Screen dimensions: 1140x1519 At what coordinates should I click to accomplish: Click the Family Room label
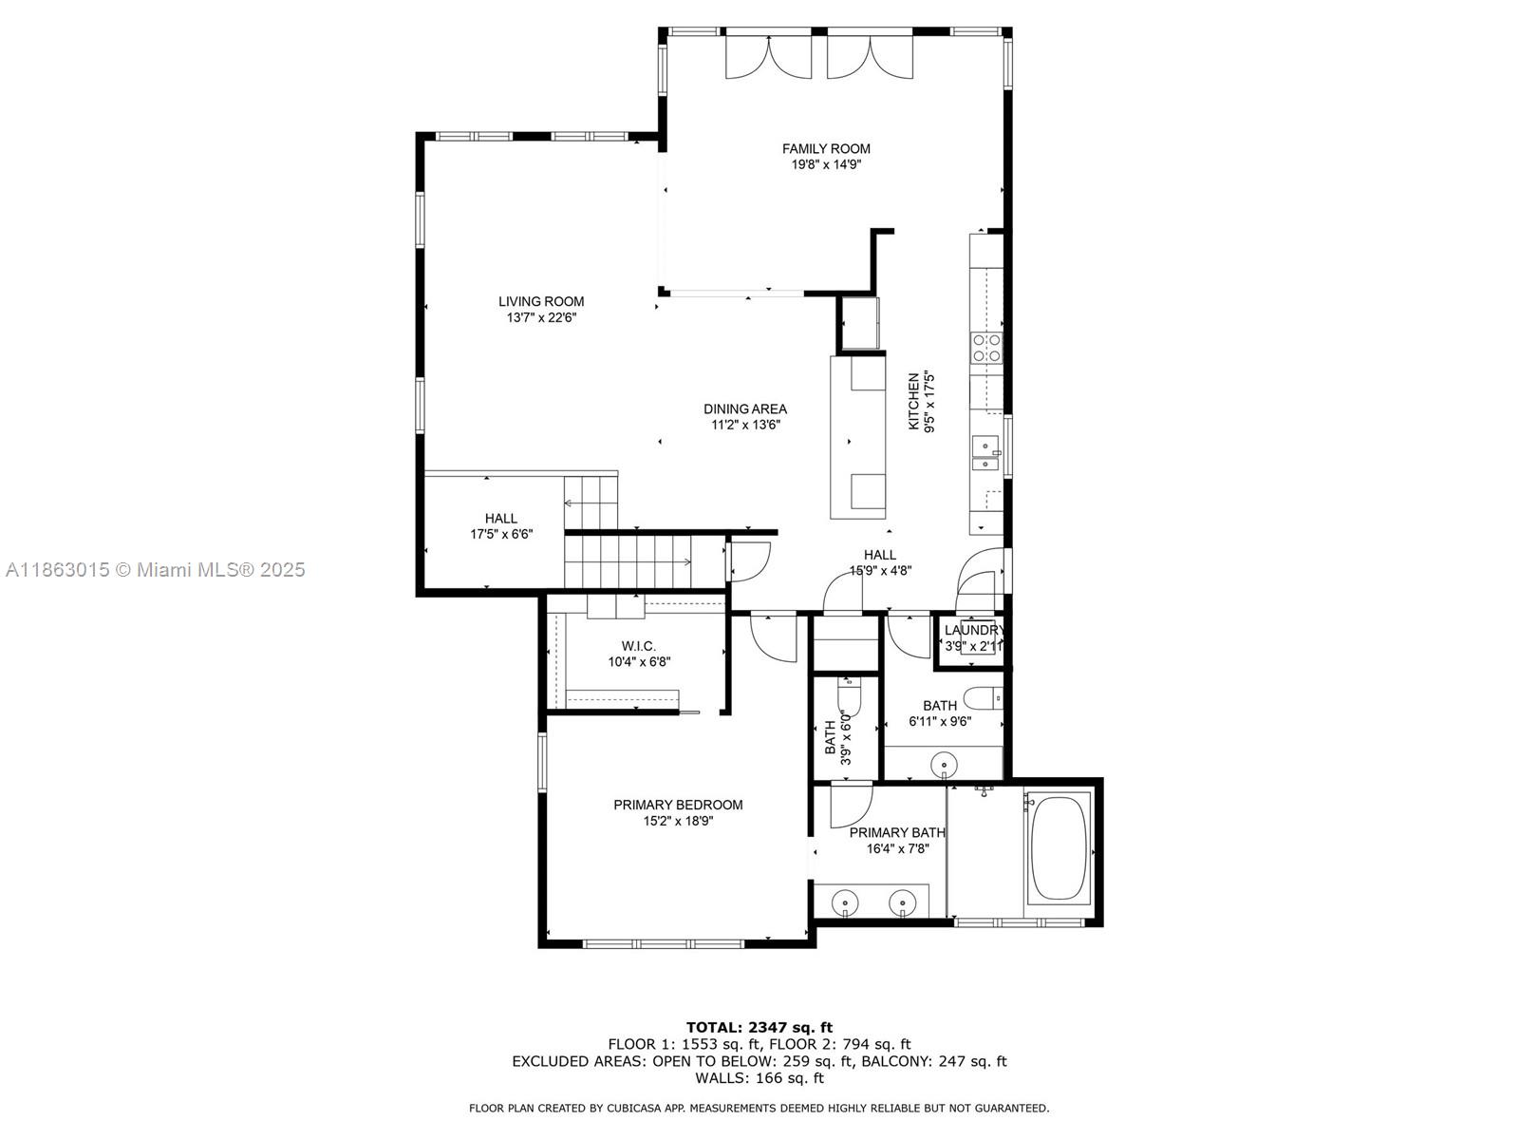tap(825, 148)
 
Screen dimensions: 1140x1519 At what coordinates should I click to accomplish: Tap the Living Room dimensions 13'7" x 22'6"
tap(541, 318)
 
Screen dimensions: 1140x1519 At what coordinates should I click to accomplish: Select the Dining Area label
tap(744, 409)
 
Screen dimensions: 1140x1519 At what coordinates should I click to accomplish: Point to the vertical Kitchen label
tap(914, 401)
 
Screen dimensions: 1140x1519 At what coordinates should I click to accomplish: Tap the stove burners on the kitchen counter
tap(986, 348)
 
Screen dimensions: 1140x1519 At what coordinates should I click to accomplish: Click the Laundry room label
tap(973, 630)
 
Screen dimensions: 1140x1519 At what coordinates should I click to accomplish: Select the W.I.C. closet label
tap(639, 646)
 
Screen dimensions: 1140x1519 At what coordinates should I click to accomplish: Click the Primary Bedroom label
tap(678, 805)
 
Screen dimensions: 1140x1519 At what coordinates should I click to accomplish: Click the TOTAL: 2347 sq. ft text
tap(759, 1027)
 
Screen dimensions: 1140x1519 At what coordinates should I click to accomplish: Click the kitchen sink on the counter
tap(985, 454)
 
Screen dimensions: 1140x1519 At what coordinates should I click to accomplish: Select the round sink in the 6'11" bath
tap(943, 764)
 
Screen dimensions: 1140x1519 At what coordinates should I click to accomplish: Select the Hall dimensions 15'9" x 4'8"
tap(880, 571)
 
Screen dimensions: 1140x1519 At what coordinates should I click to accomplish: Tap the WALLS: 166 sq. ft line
tap(759, 1078)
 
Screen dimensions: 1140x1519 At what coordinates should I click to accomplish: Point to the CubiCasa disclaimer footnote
tap(759, 1108)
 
